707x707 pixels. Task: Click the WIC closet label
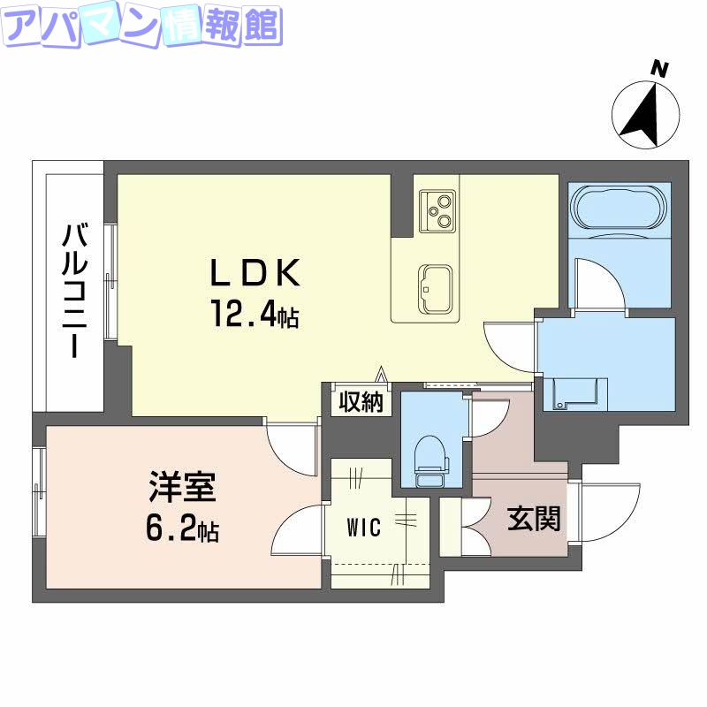363,528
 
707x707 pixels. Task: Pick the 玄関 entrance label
534,519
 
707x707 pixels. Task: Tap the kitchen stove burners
437,209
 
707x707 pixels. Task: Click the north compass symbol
647,115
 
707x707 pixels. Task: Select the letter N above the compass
658,67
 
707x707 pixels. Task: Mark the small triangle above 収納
382,375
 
